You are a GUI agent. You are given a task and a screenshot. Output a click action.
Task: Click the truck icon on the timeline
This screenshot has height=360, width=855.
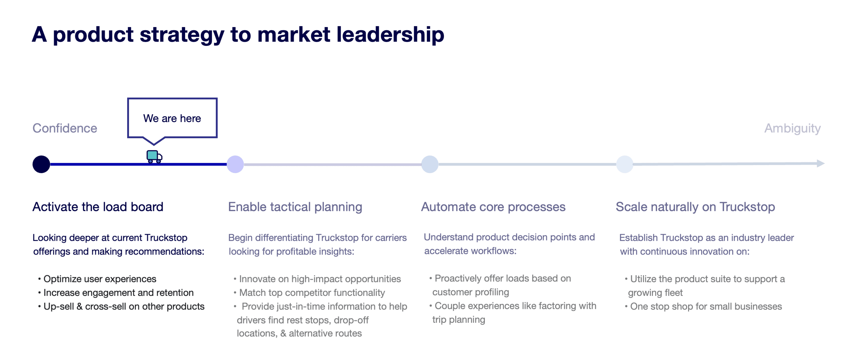(154, 156)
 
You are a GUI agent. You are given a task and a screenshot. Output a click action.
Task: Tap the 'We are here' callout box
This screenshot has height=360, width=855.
(172, 118)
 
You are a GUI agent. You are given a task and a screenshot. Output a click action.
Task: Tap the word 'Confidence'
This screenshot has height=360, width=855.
(65, 128)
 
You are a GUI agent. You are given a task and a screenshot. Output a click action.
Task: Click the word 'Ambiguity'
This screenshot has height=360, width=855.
(792, 128)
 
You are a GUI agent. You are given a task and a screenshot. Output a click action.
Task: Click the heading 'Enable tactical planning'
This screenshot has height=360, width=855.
(295, 207)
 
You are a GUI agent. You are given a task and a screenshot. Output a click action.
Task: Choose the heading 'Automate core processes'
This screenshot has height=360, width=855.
(493, 207)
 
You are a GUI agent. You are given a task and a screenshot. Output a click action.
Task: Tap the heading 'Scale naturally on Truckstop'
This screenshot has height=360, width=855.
(695, 207)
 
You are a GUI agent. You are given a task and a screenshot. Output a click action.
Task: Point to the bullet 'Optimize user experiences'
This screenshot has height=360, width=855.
(100, 279)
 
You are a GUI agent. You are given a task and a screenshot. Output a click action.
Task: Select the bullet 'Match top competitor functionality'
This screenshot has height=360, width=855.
(312, 292)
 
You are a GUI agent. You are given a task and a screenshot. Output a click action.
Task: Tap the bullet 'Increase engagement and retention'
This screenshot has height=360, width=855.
(118, 292)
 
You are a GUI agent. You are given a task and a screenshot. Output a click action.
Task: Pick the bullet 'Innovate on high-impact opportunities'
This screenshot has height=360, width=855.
(320, 279)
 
